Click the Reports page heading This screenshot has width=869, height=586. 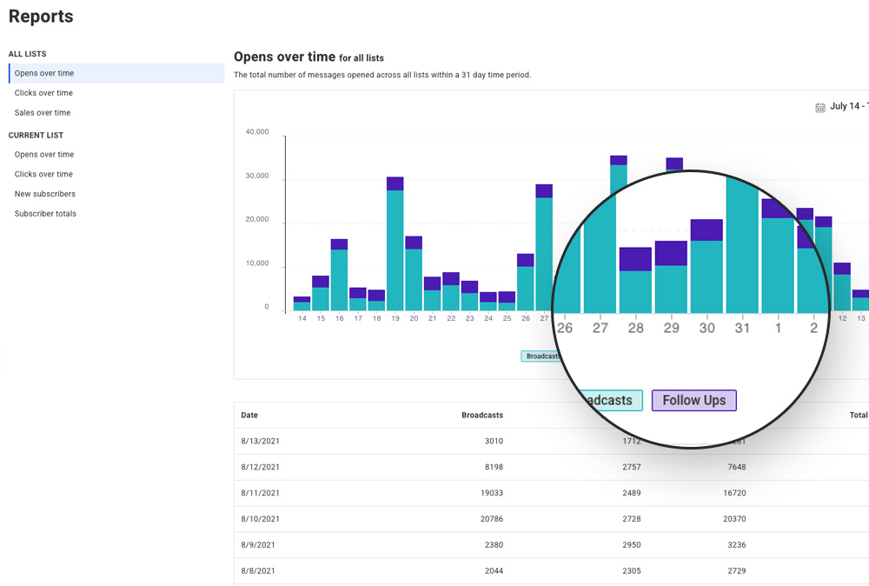click(x=41, y=17)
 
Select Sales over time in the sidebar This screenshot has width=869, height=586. click(x=43, y=113)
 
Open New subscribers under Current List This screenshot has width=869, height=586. click(x=45, y=194)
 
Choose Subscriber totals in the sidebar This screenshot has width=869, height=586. click(x=45, y=214)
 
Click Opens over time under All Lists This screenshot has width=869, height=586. click(x=44, y=74)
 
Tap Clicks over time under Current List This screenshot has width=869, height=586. click(x=43, y=175)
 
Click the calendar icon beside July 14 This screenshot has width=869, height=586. click(x=819, y=107)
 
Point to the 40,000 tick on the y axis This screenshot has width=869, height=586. click(x=256, y=132)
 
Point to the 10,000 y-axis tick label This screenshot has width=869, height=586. click(x=256, y=263)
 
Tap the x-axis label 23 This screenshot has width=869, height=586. click(x=469, y=319)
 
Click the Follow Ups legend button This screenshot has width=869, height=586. click(x=693, y=401)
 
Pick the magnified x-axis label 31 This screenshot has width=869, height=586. click(x=741, y=328)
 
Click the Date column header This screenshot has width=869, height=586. click(x=249, y=416)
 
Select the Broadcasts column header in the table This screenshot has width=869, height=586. click(x=481, y=416)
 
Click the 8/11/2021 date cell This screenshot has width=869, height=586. click(x=261, y=493)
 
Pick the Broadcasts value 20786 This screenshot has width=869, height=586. click(x=491, y=519)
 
